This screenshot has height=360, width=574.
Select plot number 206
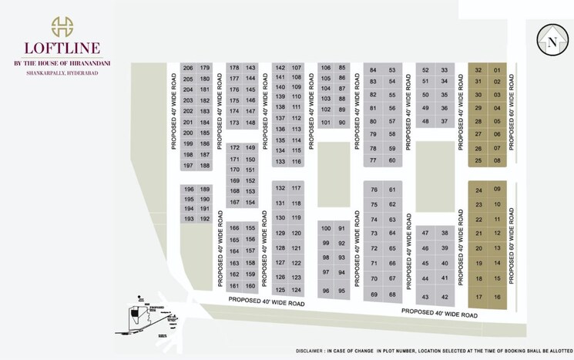(x=189, y=69)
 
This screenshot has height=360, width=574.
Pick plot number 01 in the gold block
(x=497, y=71)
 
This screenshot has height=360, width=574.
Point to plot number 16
(x=497, y=298)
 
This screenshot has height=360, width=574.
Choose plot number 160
(x=250, y=286)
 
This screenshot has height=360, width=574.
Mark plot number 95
(x=341, y=291)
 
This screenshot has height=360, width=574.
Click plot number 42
(x=444, y=298)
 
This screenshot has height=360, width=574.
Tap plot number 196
(x=189, y=190)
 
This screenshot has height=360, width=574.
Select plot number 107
(x=297, y=68)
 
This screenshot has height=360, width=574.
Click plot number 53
(x=392, y=70)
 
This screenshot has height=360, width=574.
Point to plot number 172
(x=234, y=148)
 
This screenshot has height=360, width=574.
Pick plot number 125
(x=280, y=290)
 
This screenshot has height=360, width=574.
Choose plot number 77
(x=373, y=160)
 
